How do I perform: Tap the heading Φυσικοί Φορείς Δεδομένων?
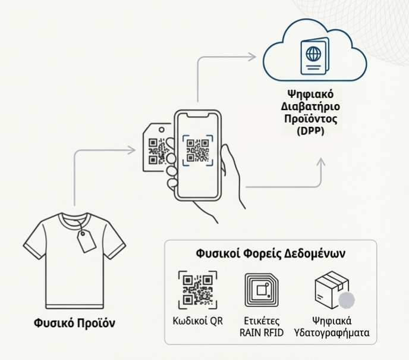pyautogui.click(x=271, y=253)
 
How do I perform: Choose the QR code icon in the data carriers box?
pyautogui.click(x=197, y=290)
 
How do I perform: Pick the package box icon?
pyautogui.click(x=332, y=289)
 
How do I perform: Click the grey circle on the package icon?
pyautogui.click(x=347, y=300)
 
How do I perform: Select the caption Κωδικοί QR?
pyautogui.click(x=197, y=322)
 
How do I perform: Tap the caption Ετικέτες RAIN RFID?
pyautogui.click(x=262, y=327)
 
